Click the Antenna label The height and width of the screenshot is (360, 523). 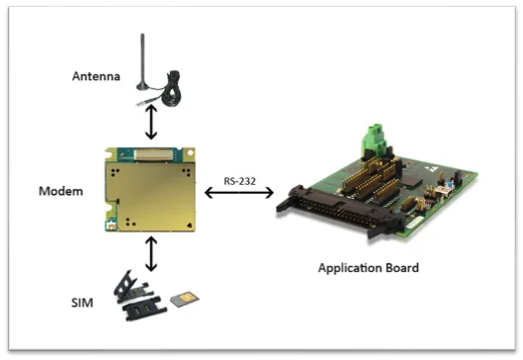click(96, 76)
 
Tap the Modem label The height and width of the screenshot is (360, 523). click(60, 191)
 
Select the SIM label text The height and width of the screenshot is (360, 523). click(82, 303)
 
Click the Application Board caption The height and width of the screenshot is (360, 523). click(368, 268)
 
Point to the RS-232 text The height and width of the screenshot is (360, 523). click(239, 181)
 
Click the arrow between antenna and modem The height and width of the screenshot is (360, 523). click(151, 122)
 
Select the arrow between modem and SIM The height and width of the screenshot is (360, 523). click(151, 254)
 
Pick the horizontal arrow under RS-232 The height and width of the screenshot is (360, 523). click(239, 193)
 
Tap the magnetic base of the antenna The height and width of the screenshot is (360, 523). click(143, 87)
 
